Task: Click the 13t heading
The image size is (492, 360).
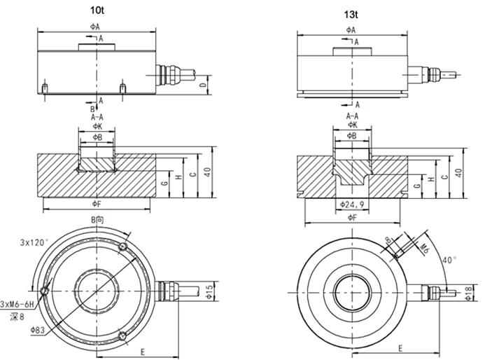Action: tap(350, 14)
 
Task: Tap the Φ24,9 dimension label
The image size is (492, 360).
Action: tap(352, 205)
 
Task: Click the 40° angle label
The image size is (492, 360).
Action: tap(448, 260)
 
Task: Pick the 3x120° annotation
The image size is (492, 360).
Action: tap(34, 242)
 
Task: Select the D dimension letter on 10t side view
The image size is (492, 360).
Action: tap(204, 85)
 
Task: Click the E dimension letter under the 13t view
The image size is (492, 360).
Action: tap(400, 348)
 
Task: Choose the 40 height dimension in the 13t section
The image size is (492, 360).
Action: tap(459, 172)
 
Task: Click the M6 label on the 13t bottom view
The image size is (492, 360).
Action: tap(423, 246)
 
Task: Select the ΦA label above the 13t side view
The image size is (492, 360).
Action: tap(351, 30)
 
